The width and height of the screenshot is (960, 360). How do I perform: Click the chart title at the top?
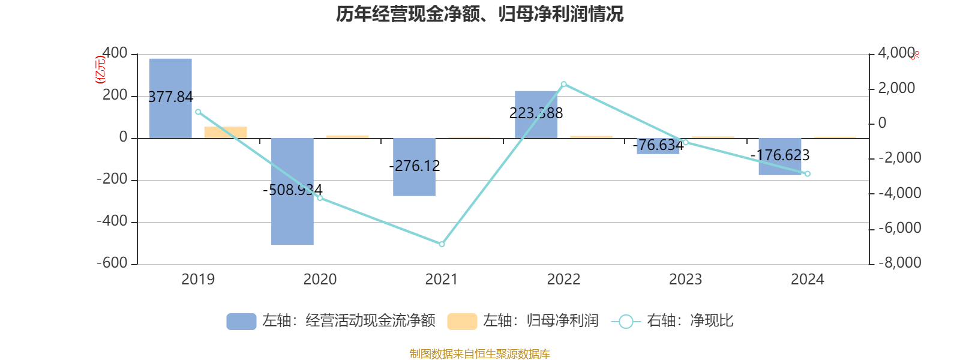(479, 14)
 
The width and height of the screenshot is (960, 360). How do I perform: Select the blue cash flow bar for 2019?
(170, 78)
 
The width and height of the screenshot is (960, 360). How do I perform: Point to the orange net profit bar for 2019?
(226, 132)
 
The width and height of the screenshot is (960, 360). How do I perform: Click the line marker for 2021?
(442, 244)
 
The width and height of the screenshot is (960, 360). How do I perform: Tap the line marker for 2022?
(563, 84)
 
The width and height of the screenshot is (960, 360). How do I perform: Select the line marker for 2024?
(807, 174)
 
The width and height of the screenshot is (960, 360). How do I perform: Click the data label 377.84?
(170, 97)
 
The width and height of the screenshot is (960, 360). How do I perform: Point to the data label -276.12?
(414, 166)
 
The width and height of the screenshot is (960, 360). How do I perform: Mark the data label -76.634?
(658, 145)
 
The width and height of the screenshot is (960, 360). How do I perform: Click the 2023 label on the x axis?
(685, 279)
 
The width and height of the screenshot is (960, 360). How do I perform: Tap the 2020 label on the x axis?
(320, 279)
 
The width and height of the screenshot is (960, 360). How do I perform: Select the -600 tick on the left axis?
(112, 263)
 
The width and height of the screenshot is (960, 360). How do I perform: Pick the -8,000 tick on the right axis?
(900, 263)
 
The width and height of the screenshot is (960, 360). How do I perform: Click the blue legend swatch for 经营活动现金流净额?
(241, 322)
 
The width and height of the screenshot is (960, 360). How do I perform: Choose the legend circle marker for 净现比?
(626, 322)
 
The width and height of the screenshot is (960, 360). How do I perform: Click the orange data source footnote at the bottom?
(479, 354)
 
